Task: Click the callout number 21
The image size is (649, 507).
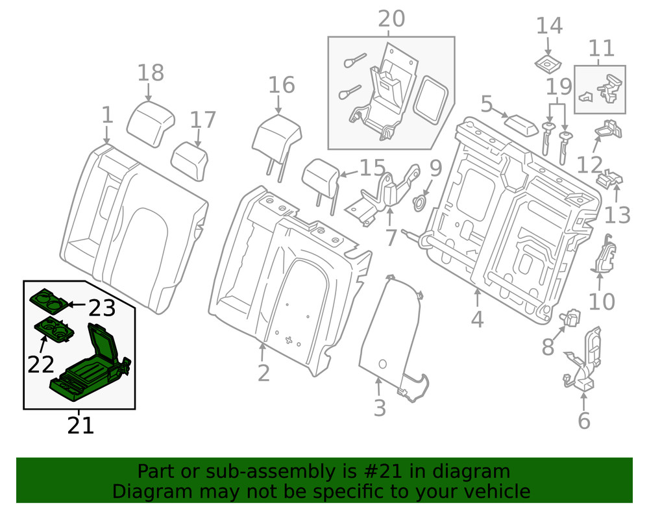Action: tap(80, 425)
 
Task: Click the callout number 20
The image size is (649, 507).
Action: tap(391, 19)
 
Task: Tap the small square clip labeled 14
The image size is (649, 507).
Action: tap(548, 64)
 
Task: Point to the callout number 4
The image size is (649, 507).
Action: tap(477, 319)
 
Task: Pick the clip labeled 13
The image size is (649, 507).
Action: tap(613, 177)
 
